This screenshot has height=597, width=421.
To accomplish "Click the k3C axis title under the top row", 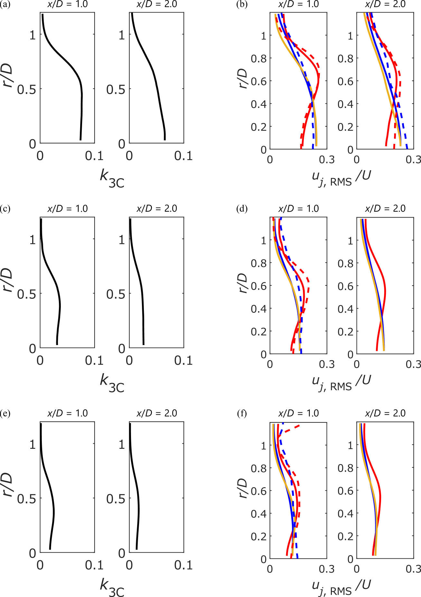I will pyautogui.click(x=112, y=178).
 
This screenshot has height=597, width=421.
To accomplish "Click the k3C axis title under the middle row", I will pyautogui.click(x=112, y=383).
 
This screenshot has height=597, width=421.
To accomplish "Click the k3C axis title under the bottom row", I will pyautogui.click(x=112, y=587).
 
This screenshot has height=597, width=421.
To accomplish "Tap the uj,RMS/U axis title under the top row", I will pyautogui.click(x=341, y=178).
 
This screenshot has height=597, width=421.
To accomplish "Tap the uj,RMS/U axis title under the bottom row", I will pyautogui.click(x=341, y=587).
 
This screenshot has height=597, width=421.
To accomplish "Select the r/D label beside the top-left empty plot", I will pyautogui.click(x=8, y=76).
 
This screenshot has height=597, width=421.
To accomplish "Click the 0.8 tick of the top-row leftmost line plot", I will pyautogui.click(x=259, y=59).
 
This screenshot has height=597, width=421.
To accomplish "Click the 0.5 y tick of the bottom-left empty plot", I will pyautogui.click(x=26, y=499).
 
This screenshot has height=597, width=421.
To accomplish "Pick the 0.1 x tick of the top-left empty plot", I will pyautogui.click(x=94, y=156).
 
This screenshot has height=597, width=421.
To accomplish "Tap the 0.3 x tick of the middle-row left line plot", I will pyautogui.click(x=327, y=364).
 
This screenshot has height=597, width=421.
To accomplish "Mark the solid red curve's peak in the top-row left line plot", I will pyautogui.click(x=319, y=79).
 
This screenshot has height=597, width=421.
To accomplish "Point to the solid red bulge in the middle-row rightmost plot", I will pyautogui.click(x=385, y=290).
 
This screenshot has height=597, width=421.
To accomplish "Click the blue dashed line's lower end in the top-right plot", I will pyautogui.click(x=407, y=147).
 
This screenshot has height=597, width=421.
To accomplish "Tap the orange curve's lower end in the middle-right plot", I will pyautogui.click(x=384, y=350).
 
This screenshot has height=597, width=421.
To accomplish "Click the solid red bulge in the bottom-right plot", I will pyautogui.click(x=380, y=498).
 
